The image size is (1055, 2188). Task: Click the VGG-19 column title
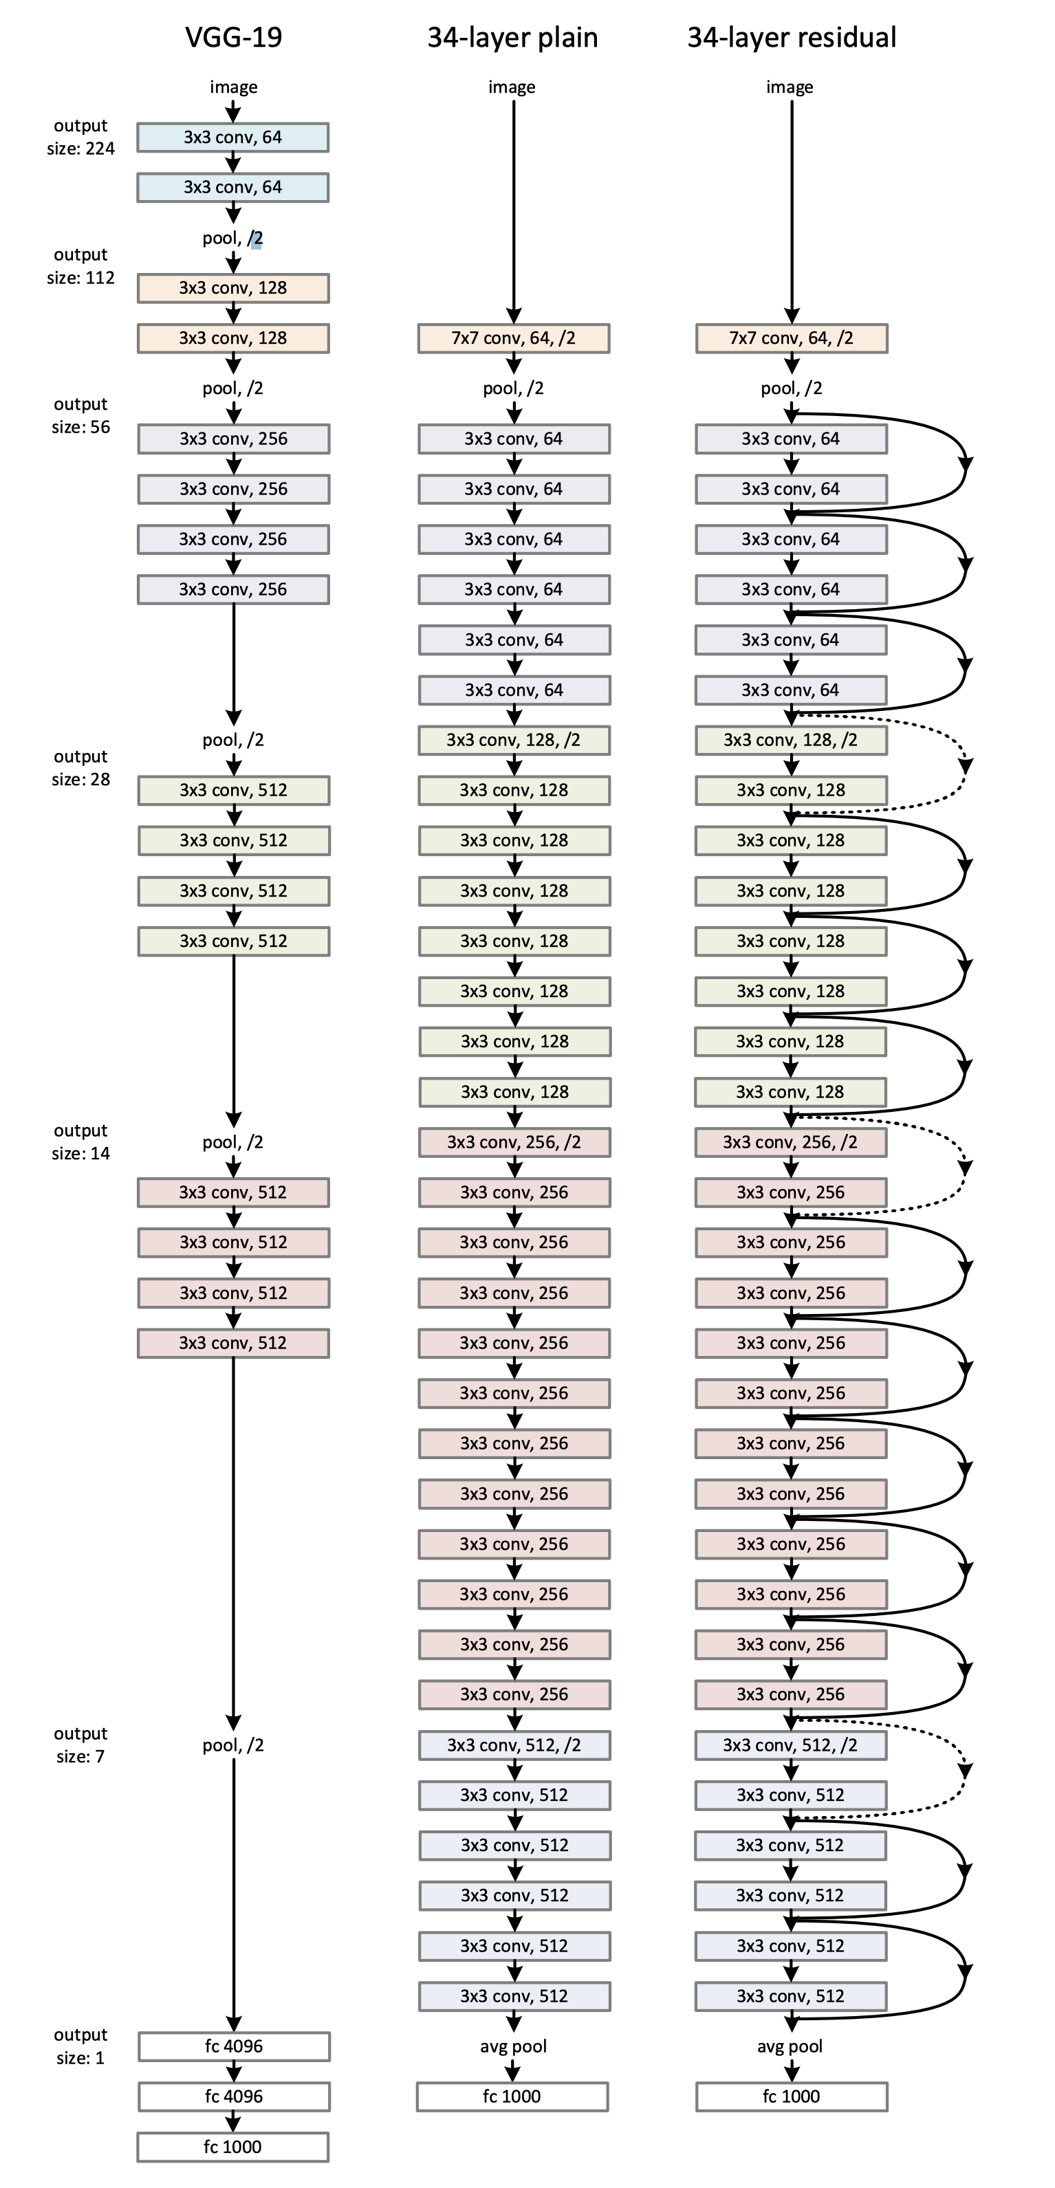[234, 37]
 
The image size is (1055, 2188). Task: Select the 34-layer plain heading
[512, 37]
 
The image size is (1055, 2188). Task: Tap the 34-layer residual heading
[791, 37]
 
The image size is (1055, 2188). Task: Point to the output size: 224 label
[80, 137]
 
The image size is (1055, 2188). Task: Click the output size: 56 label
[80, 415]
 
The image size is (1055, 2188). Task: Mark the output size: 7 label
[80, 1744]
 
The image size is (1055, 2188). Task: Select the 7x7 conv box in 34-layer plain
[513, 338]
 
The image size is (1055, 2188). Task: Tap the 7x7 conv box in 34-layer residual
[791, 338]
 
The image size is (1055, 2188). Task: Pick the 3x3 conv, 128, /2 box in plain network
[513, 740]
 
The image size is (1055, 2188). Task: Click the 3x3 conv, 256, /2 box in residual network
[790, 1142]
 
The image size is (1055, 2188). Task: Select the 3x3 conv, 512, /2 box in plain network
[514, 1745]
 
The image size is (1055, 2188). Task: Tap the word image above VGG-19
[234, 87]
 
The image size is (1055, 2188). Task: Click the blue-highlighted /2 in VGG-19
[256, 239]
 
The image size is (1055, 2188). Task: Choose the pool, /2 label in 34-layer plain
[513, 389]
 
